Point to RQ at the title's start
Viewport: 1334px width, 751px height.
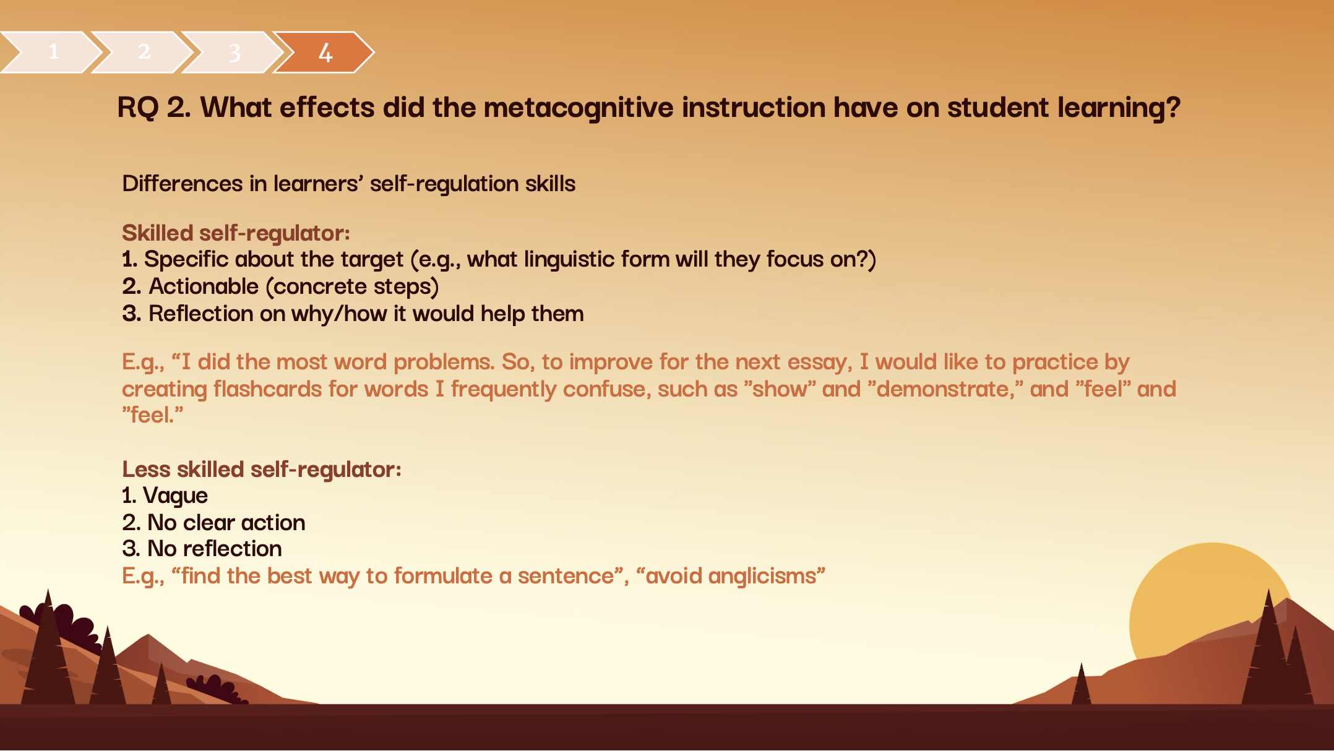tap(138, 108)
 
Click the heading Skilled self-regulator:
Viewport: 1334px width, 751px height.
tap(236, 234)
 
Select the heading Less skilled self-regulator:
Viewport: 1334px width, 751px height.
tap(262, 470)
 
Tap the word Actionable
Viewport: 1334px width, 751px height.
tap(204, 286)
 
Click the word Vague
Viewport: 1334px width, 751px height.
tap(175, 496)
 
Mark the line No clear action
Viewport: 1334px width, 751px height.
tap(213, 523)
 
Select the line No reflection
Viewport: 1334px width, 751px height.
tap(202, 549)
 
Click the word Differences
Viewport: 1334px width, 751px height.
tap(182, 184)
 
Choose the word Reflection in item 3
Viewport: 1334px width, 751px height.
tap(200, 314)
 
